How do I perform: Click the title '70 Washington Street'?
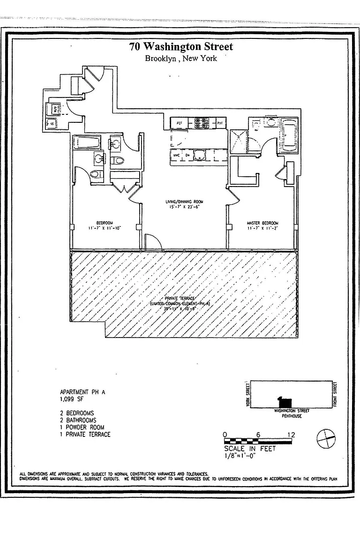[181, 46]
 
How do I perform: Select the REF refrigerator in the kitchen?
[179, 123]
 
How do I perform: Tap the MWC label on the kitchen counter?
[177, 155]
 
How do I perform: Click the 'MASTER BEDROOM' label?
[263, 223]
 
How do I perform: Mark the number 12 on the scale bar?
[291, 435]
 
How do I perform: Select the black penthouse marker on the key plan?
[284, 402]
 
